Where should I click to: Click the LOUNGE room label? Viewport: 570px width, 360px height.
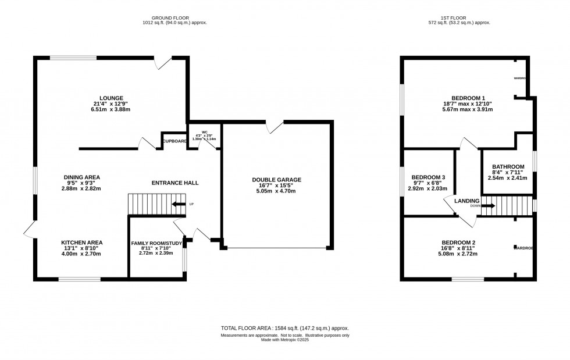[111, 98]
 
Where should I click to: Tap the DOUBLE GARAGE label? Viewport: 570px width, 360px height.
[276, 180]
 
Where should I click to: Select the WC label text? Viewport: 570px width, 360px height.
[204, 131]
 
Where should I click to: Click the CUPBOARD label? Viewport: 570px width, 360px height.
[174, 141]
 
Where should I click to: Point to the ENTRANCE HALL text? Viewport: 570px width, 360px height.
[175, 183]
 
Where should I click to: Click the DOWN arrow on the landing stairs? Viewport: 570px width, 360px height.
[487, 205]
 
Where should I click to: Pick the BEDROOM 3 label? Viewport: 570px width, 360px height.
[427, 177]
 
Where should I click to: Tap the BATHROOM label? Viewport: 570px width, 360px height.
[508, 166]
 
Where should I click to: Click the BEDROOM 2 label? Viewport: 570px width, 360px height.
[458, 242]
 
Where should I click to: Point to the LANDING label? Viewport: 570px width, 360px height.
[466, 201]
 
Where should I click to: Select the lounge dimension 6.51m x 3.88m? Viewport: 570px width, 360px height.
[111, 109]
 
